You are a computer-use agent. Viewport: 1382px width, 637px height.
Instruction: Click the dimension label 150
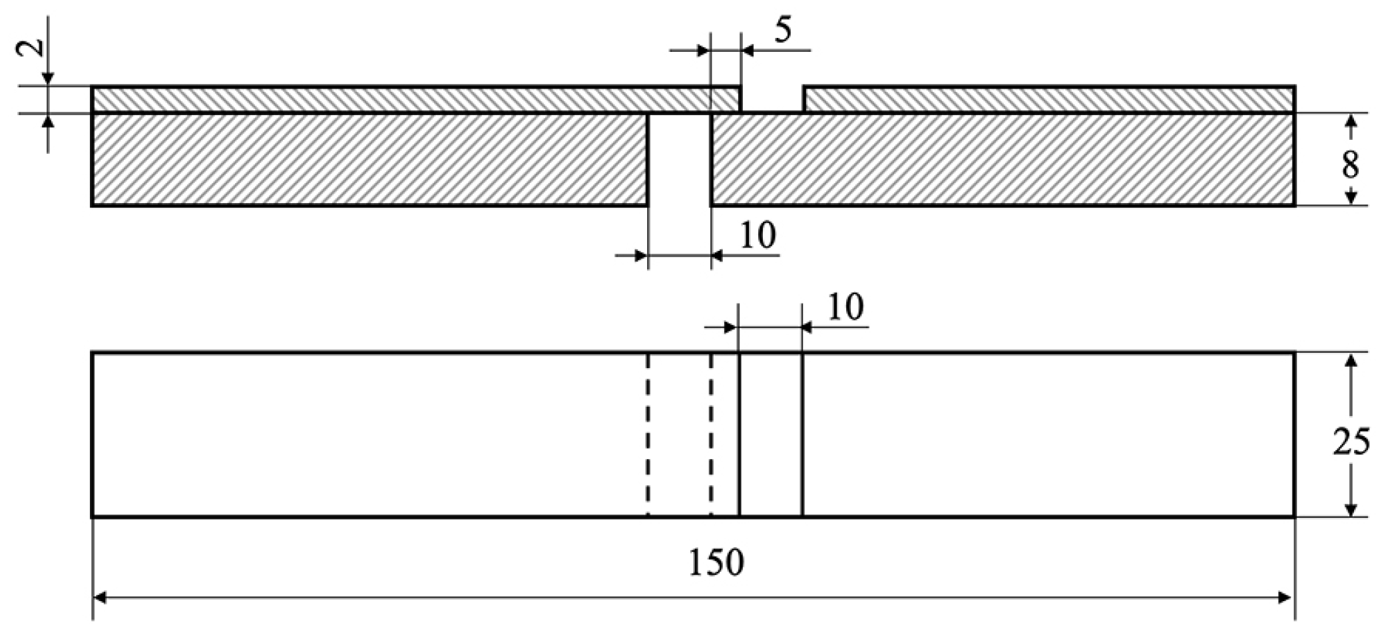click(x=716, y=563)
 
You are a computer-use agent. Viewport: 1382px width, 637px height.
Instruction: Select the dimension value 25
click(x=1351, y=442)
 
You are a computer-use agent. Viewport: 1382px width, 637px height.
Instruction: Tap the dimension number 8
click(x=1350, y=164)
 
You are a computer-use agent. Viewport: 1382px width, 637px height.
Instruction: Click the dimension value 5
click(x=784, y=31)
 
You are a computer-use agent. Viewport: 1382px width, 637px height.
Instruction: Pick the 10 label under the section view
click(x=758, y=235)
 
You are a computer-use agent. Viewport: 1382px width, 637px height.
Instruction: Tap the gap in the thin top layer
click(x=772, y=99)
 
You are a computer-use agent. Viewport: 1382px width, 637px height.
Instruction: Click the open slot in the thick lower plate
click(x=680, y=160)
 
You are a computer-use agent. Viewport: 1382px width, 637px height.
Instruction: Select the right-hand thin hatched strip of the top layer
click(x=1048, y=99)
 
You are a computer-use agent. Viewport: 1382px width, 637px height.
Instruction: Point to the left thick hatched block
click(x=369, y=160)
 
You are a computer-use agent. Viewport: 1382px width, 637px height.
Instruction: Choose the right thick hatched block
click(x=1003, y=160)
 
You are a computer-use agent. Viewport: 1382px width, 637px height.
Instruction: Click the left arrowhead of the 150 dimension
click(x=100, y=598)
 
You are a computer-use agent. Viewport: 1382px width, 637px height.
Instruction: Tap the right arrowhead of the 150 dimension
click(x=1287, y=598)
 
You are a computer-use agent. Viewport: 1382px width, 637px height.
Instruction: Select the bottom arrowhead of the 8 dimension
click(x=1351, y=198)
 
